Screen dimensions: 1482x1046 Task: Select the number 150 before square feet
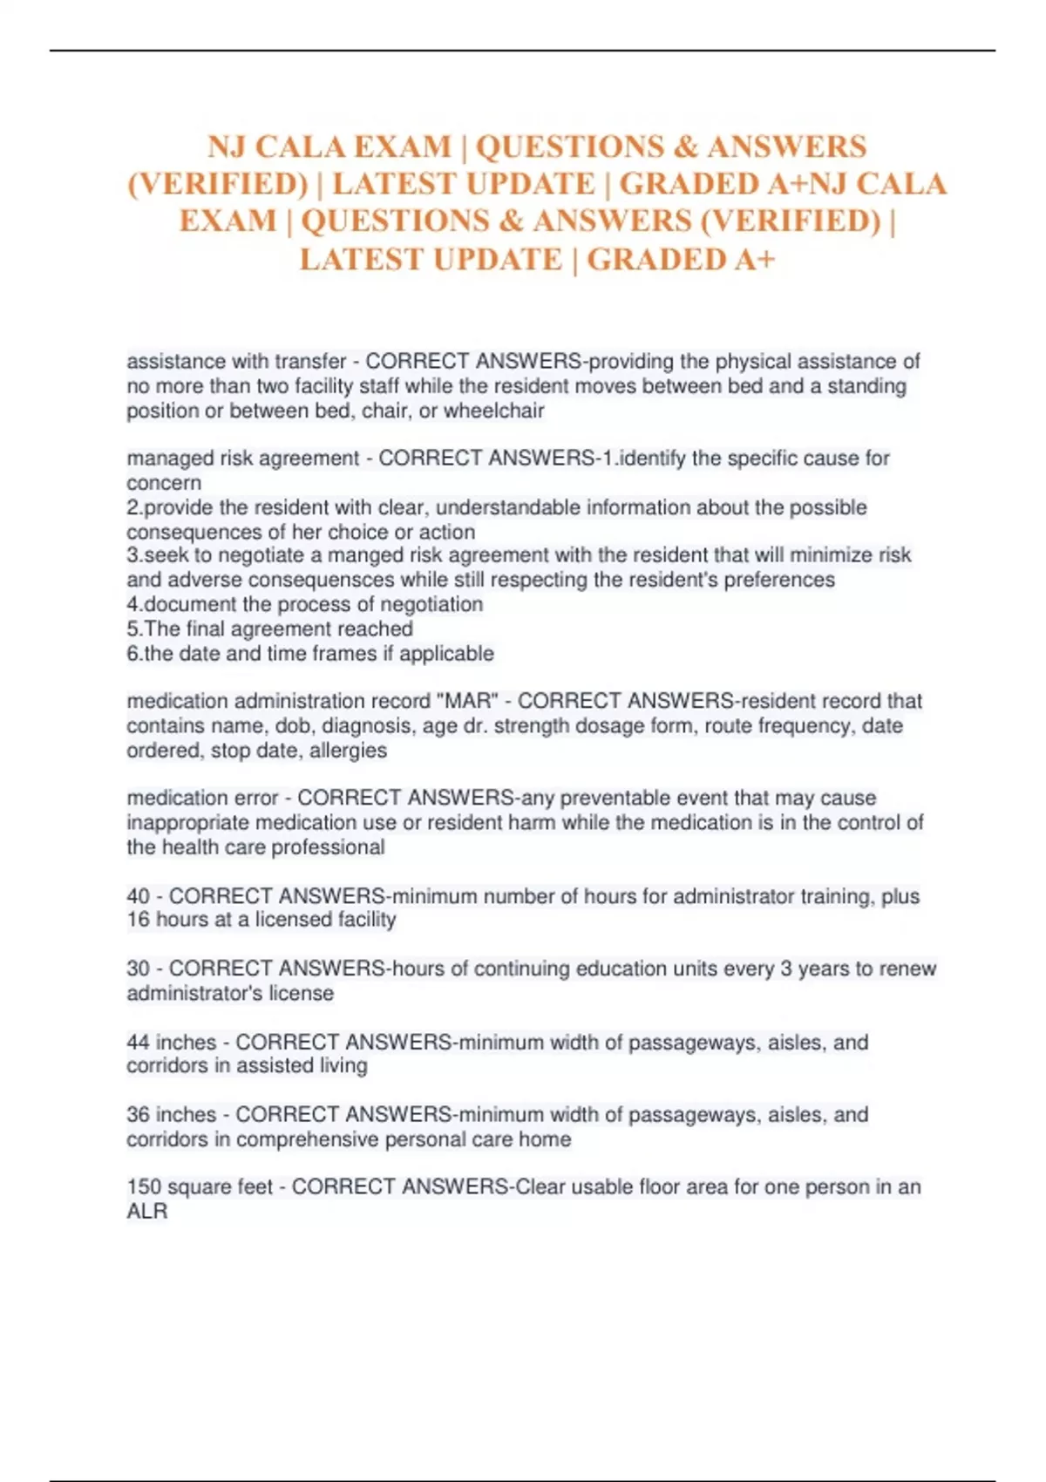[x=144, y=1186]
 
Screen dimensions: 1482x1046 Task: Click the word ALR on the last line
[x=146, y=1211]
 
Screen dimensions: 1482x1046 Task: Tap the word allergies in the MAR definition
[x=348, y=750]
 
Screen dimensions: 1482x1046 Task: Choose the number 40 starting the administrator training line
[x=138, y=896]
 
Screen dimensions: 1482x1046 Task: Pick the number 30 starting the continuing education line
[x=138, y=969]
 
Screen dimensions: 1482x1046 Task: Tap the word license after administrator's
[x=301, y=993]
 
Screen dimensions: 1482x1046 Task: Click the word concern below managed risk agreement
[x=164, y=483]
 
